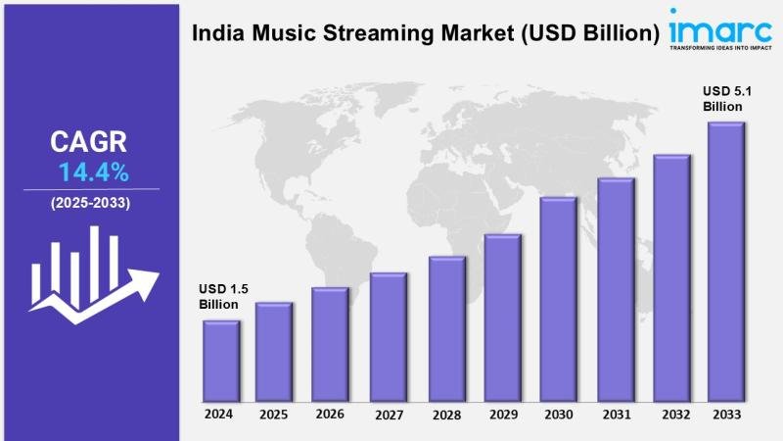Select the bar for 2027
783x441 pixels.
(x=388, y=337)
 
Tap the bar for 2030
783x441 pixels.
(x=558, y=299)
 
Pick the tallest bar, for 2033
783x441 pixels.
(x=726, y=262)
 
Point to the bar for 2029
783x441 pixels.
(x=502, y=318)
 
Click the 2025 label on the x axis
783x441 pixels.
(x=274, y=415)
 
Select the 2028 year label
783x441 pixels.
(x=445, y=415)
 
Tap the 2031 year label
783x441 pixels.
(x=616, y=415)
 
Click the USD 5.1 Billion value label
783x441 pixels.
(x=723, y=98)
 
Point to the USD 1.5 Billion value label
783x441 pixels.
(x=219, y=297)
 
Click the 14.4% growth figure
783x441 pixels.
(x=93, y=173)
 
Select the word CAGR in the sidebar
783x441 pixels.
(x=89, y=142)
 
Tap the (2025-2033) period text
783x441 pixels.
(x=90, y=203)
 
